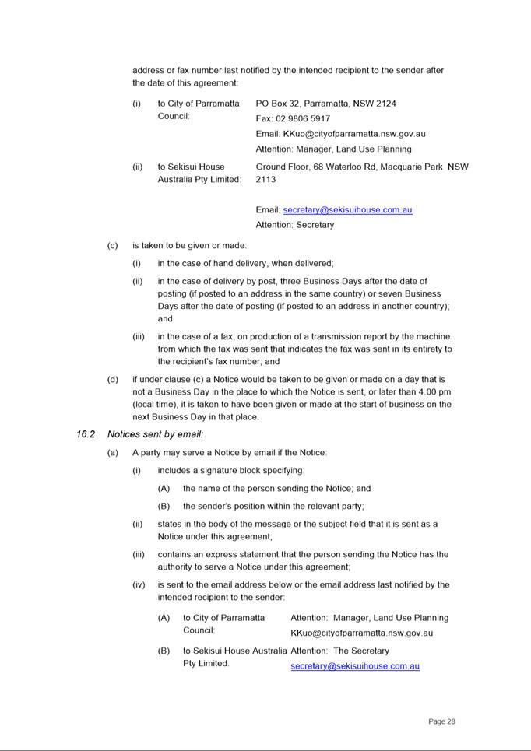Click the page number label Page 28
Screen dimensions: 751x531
[441, 721]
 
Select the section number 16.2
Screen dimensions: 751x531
[86, 434]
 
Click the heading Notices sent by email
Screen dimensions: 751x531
[155, 434]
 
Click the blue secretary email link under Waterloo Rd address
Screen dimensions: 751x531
[347, 210]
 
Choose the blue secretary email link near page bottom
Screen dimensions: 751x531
[355, 666]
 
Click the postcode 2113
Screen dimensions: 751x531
[265, 179]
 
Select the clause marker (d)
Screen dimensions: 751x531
[113, 380]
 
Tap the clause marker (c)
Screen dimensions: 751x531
[113, 246]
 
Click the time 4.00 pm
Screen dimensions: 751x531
[433, 392]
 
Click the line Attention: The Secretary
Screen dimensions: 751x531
[339, 651]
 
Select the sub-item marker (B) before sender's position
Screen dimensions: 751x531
[164, 506]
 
